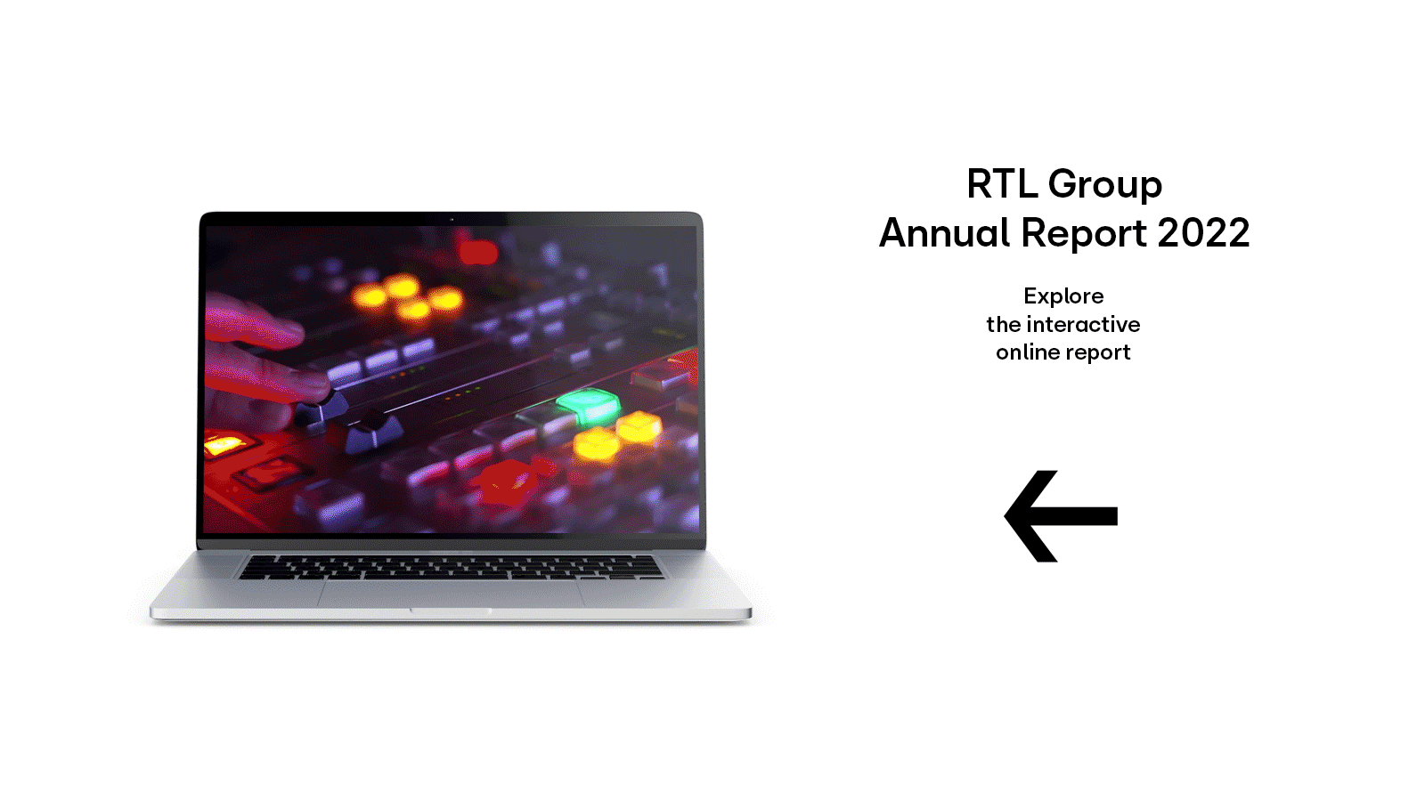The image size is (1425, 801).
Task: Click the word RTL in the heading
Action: pos(1001,183)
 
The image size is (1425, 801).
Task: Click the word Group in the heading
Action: pos(1105,186)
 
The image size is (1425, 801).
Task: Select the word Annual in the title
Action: pos(945,232)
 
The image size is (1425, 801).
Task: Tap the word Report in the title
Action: pos(1084,235)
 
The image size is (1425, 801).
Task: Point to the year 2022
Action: pos(1203,232)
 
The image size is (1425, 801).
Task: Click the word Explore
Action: pos(1063,296)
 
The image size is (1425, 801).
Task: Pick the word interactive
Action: pos(1083,324)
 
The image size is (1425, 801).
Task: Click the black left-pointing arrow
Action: pos(1061,516)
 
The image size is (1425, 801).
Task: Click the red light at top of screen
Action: pos(477,252)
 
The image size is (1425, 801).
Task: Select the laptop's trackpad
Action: pos(451,593)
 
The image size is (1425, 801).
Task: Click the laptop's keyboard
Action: pos(451,567)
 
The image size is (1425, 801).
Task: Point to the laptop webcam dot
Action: pos(452,219)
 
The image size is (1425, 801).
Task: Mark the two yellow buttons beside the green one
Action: pos(618,436)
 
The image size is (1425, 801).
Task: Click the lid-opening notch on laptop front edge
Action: pos(451,611)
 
